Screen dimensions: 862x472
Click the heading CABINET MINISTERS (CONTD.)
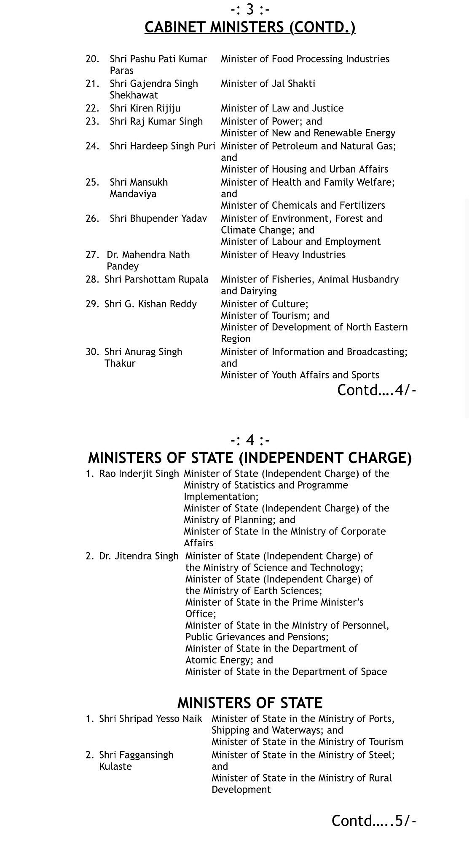click(x=249, y=27)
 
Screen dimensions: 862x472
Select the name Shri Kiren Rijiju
click(x=145, y=109)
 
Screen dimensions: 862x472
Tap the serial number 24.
click(x=92, y=146)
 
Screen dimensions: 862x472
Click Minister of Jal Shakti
click(x=268, y=84)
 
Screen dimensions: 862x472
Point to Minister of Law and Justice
click(x=282, y=109)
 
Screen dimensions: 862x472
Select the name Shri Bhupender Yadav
click(x=158, y=219)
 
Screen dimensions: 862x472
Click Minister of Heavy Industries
click(x=283, y=255)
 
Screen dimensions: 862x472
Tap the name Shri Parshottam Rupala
click(x=156, y=279)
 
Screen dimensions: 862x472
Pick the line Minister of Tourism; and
click(x=275, y=316)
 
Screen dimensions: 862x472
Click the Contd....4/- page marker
click(x=376, y=390)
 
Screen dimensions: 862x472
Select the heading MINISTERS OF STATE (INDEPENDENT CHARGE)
click(x=249, y=458)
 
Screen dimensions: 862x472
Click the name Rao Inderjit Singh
click(x=139, y=474)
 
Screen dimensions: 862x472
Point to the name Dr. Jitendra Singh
click(x=139, y=556)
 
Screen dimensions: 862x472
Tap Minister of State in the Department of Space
click(x=286, y=672)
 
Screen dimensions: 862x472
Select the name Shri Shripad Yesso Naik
click(x=150, y=719)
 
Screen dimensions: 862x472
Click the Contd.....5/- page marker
click(x=373, y=821)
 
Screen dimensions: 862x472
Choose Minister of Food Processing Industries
click(x=305, y=59)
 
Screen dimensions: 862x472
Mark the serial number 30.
click(x=92, y=352)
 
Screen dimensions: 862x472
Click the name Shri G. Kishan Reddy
click(x=150, y=304)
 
